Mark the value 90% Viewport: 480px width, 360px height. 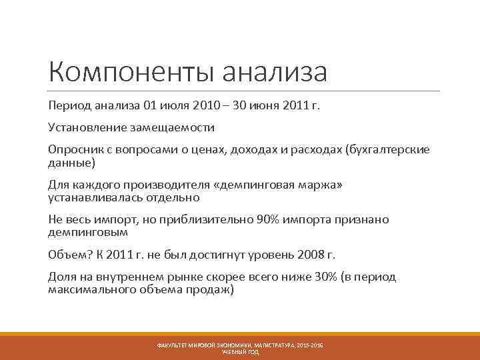pyautogui.click(x=269, y=220)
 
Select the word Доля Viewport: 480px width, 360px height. pyautogui.click(x=62, y=277)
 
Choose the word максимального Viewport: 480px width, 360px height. pyautogui.click(x=89, y=291)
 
